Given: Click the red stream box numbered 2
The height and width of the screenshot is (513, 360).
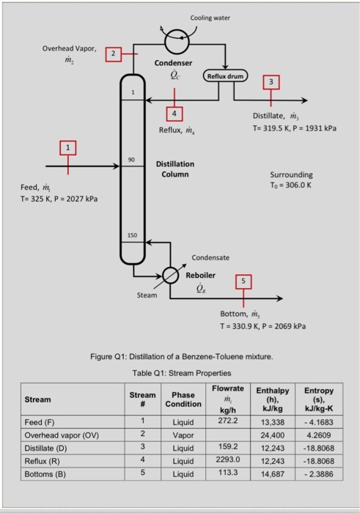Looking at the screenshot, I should click(x=112, y=53).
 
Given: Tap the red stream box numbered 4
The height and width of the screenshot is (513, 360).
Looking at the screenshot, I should click(x=174, y=114).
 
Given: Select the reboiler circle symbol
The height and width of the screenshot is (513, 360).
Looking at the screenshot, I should click(x=170, y=275).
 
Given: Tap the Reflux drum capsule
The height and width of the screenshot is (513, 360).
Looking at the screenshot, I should click(x=229, y=75).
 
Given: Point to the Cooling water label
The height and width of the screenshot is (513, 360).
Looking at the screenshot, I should click(x=210, y=16).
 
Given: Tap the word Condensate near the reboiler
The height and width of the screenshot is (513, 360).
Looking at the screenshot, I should click(x=210, y=257).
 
